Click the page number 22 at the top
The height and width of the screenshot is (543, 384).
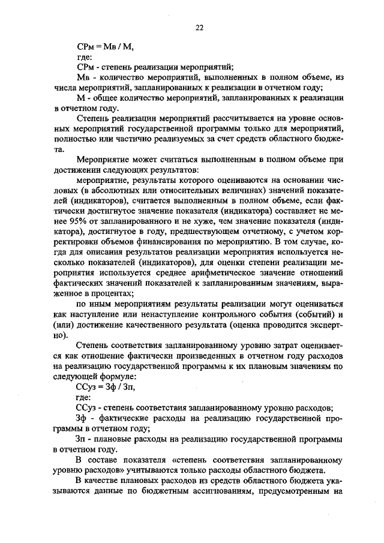199,27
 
